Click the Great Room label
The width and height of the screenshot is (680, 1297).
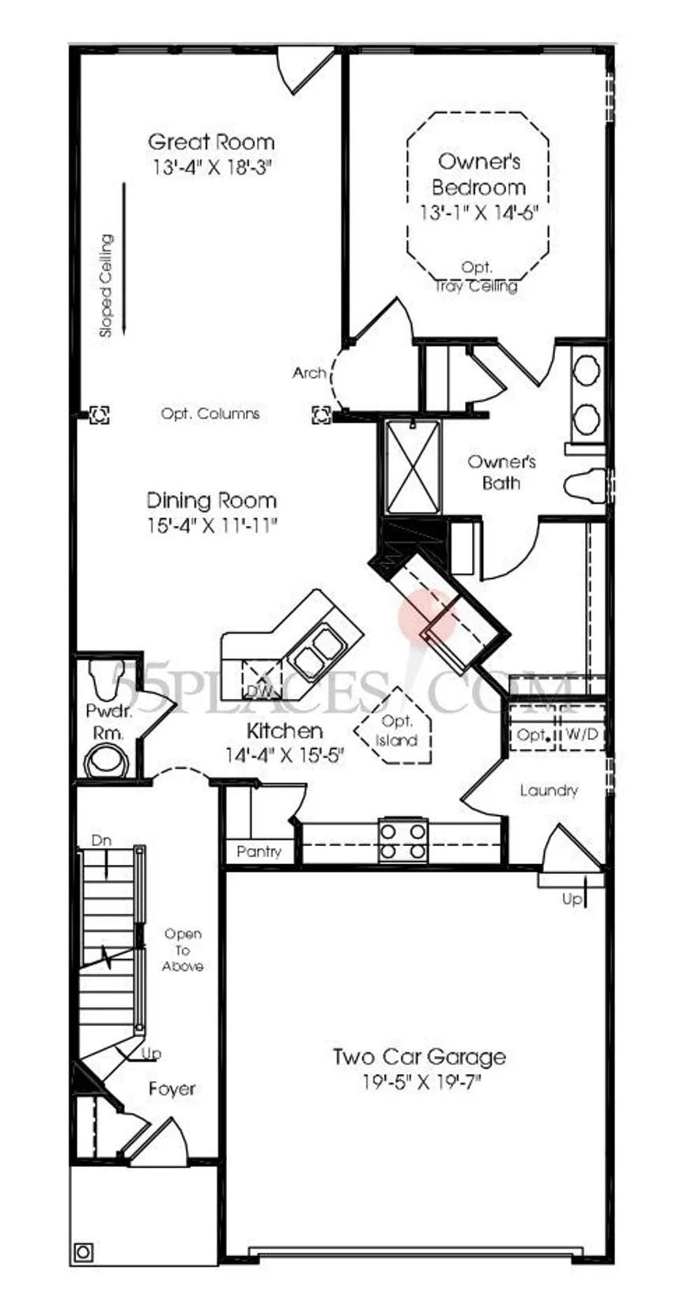(211, 142)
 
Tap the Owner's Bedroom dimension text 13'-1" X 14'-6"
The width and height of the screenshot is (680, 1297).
(479, 212)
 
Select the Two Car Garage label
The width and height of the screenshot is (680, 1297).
(419, 1057)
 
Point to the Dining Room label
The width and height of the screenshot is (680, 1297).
(211, 500)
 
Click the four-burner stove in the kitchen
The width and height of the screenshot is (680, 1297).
(403, 840)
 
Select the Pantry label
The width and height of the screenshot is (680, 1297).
(259, 852)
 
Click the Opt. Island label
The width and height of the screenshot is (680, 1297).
(396, 731)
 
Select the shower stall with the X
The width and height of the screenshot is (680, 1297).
(412, 465)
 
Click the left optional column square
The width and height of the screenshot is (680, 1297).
(99, 415)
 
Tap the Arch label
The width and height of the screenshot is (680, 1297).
(309, 373)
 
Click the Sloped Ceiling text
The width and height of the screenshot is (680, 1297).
(106, 285)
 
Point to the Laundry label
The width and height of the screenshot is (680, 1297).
(549, 791)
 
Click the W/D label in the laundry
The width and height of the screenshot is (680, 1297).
(581, 734)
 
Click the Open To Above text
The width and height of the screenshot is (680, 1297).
(183, 949)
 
